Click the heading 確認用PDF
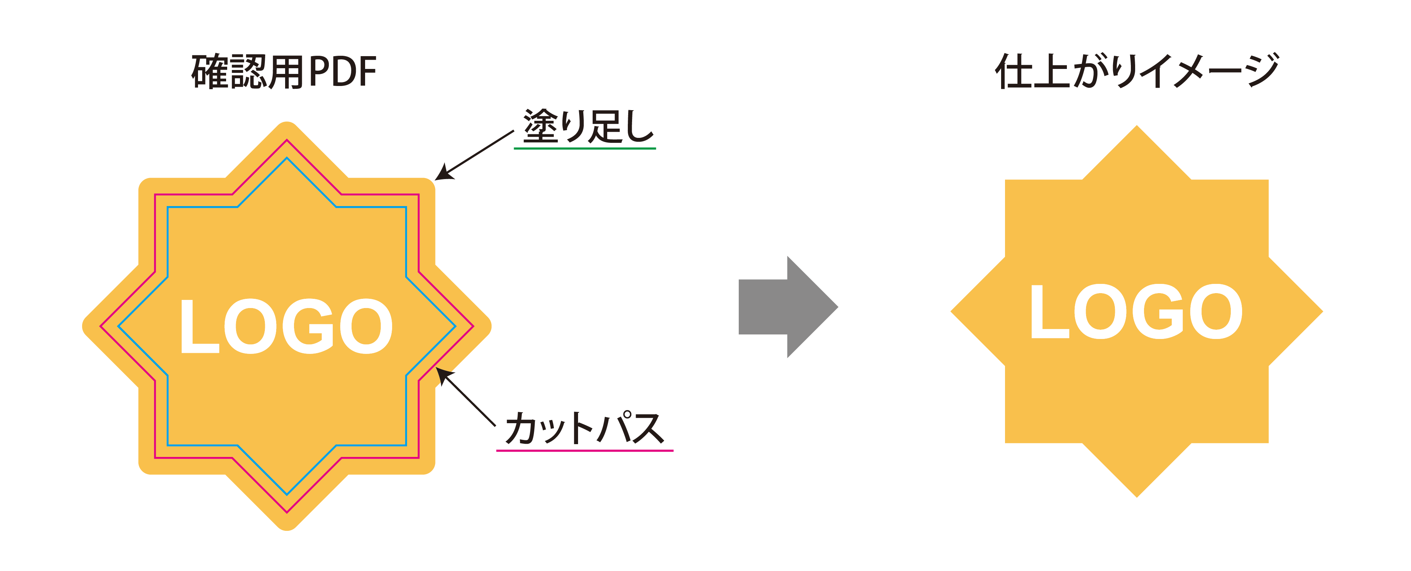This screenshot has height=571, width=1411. point(284,72)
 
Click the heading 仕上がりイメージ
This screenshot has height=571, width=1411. point(1137,71)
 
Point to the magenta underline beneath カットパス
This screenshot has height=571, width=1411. point(584,451)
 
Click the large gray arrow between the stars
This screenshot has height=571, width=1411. point(788,307)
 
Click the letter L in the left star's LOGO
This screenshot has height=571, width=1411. point(199,326)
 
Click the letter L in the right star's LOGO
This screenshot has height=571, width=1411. point(1049,312)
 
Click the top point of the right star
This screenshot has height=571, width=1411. point(1137,125)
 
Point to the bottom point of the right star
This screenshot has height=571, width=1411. point(1137,497)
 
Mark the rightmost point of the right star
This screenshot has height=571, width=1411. point(1323,312)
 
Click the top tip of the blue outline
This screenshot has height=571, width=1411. point(287,158)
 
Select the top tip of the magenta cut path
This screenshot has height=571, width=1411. point(287,140)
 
